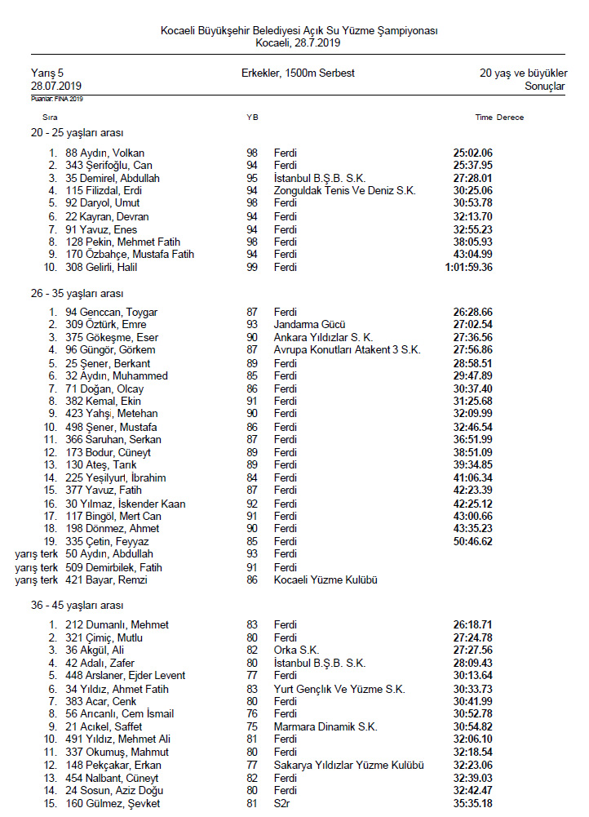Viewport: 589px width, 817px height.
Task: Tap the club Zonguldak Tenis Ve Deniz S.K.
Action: pos(344,190)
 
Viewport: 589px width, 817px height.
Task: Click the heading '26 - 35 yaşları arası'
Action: pos(78,292)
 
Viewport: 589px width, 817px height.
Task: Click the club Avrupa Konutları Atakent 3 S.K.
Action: pos(347,349)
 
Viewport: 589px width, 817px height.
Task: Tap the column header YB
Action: pos(252,118)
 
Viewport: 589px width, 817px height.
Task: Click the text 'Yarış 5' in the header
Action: pos(47,73)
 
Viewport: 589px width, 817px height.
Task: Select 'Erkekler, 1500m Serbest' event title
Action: pos(298,73)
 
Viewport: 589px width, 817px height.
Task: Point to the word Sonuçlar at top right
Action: pos(544,86)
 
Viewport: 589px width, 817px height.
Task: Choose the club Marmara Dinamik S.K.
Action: pos(325,726)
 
